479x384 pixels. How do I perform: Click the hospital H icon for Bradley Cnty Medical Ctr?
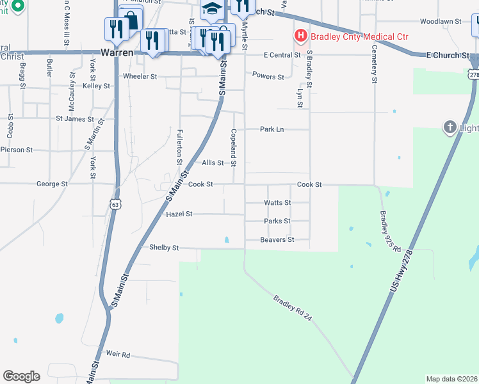tap(299, 36)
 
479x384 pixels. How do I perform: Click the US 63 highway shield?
tap(115, 204)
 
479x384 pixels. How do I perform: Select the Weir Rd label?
tap(118, 354)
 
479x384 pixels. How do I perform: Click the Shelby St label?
tap(164, 247)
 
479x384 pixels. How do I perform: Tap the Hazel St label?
tap(179, 214)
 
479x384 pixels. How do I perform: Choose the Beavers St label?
tap(277, 240)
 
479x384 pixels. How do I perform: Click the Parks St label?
tap(277, 221)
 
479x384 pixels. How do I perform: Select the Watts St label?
tap(277, 203)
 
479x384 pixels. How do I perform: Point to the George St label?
tap(52, 184)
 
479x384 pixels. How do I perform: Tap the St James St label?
tap(75, 118)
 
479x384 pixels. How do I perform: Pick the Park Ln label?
tap(272, 129)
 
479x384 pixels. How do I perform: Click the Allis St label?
tap(213, 163)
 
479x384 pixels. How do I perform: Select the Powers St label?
tap(268, 77)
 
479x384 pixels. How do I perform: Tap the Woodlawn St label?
tap(441, 21)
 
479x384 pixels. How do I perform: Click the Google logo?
tap(21, 376)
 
